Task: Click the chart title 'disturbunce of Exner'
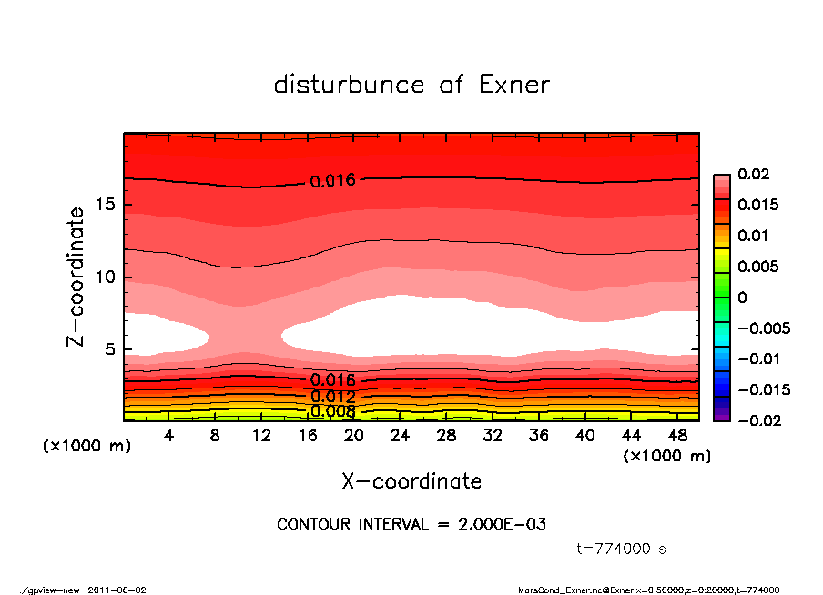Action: pos(411,85)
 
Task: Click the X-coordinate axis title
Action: pos(411,481)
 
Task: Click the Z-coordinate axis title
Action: pos(76,277)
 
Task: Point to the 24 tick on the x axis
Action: pos(401,436)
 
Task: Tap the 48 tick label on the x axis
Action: pos(677,436)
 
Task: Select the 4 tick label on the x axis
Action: pos(170,436)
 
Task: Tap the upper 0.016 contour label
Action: pos(332,180)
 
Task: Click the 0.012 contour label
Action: pos(332,396)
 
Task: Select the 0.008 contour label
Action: pos(332,411)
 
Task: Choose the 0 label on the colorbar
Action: pos(742,297)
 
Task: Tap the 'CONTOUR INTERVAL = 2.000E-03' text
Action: pos(411,525)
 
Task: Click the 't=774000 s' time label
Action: pos(622,549)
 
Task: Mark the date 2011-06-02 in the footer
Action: pos(117,590)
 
